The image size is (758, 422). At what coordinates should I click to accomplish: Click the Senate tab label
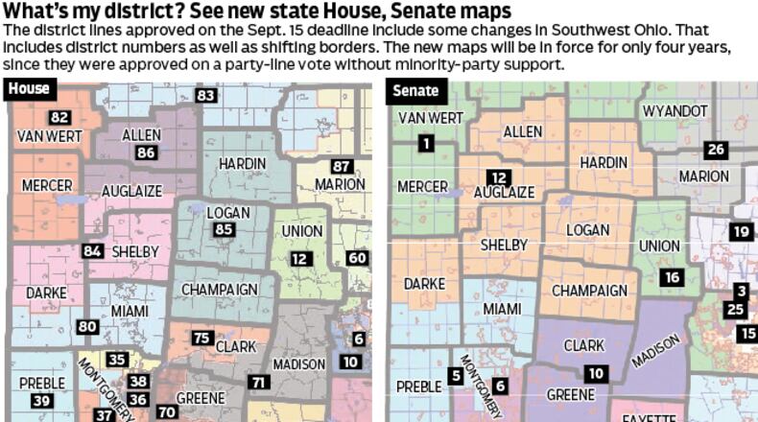(x=416, y=91)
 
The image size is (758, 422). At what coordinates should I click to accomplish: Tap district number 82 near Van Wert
(x=60, y=117)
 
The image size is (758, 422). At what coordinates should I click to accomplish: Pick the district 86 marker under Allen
(x=146, y=152)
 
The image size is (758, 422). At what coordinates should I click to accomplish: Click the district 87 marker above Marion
(x=342, y=166)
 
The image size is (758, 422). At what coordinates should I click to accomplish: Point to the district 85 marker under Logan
(x=224, y=230)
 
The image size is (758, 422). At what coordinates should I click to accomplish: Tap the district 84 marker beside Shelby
(x=92, y=250)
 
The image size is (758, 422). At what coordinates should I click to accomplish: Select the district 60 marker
(x=357, y=258)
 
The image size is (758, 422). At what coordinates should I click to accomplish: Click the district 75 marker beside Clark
(x=202, y=338)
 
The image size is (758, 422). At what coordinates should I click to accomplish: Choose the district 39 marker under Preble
(x=40, y=400)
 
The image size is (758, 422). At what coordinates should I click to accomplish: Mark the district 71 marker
(x=259, y=382)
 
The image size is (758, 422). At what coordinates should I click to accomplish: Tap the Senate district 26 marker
(x=714, y=150)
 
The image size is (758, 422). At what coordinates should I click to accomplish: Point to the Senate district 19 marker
(x=740, y=231)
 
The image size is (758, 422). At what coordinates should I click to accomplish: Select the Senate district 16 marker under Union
(x=671, y=277)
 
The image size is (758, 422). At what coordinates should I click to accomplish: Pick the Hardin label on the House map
(x=243, y=164)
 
